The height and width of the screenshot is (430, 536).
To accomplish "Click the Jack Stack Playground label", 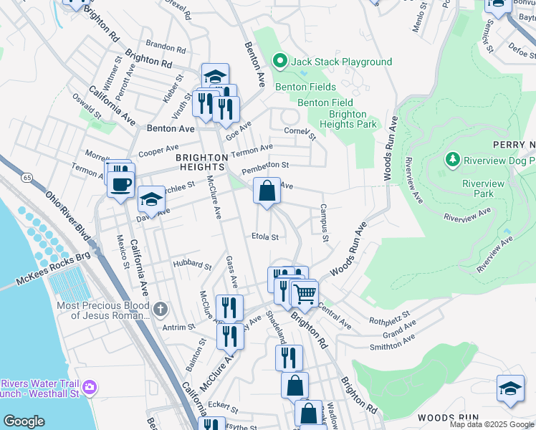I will click(341, 62).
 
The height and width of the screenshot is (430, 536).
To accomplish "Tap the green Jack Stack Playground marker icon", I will click(281, 62).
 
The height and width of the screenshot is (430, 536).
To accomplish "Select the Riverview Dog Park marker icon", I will click(452, 158).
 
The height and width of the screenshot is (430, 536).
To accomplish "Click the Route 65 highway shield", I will click(27, 175).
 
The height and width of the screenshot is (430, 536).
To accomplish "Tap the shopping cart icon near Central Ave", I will click(305, 293).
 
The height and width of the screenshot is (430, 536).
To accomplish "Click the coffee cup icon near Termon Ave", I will click(121, 183).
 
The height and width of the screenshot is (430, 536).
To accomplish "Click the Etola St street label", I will click(264, 236).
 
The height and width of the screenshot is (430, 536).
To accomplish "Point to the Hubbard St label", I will click(192, 265).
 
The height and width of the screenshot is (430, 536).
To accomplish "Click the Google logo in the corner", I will click(23, 421).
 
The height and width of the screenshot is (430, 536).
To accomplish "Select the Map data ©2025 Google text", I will click(492, 424).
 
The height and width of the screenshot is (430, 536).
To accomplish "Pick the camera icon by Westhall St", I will click(90, 388).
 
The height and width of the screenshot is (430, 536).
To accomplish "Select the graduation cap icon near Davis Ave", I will click(150, 199).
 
